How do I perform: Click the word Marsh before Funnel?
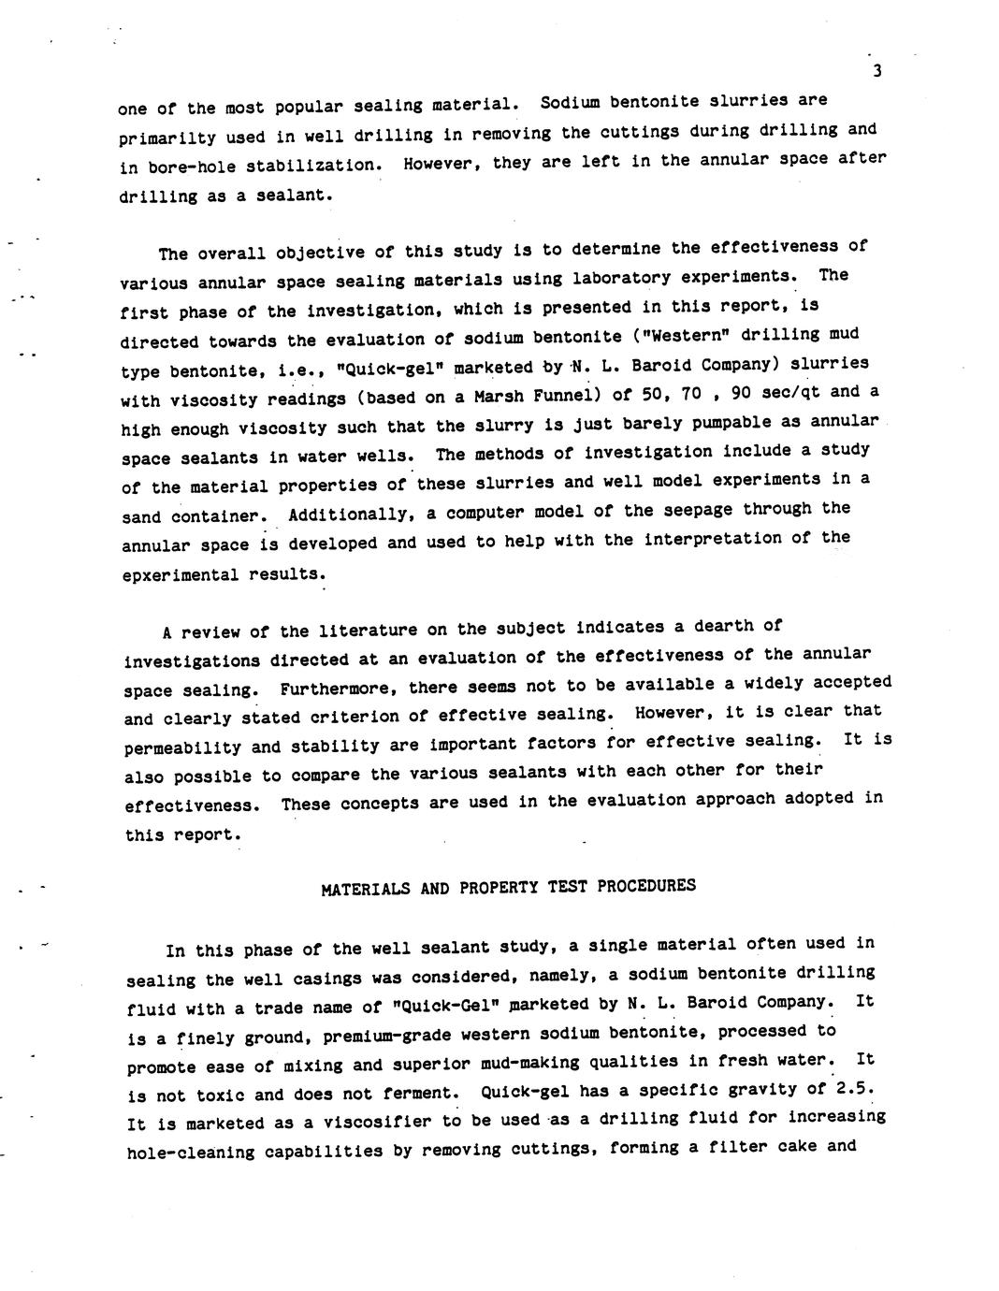tap(500, 397)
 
